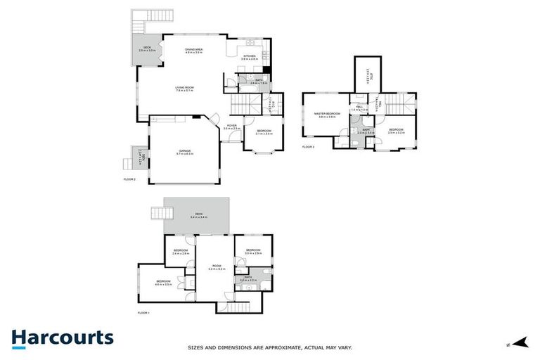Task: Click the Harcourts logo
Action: click(62, 337)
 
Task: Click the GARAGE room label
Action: click(185, 151)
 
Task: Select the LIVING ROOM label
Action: click(184, 89)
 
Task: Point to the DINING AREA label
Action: click(193, 51)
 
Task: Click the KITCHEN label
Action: click(250, 58)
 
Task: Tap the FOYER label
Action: click(231, 128)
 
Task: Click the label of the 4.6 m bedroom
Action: click(163, 283)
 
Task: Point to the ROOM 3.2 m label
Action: click(215, 267)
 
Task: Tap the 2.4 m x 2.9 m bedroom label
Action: click(181, 252)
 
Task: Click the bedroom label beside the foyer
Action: click(264, 132)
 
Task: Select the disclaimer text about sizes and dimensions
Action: click(269, 347)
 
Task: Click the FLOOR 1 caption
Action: click(143, 312)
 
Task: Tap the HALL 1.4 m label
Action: click(359, 109)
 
